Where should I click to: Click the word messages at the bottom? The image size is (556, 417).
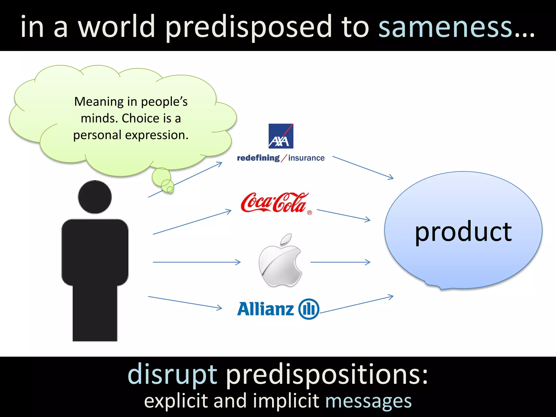point(368,401)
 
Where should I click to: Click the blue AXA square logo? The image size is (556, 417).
point(281,136)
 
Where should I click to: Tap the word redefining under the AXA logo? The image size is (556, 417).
point(258,158)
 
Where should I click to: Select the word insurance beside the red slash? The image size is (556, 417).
point(306,158)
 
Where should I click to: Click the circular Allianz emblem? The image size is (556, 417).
point(309,309)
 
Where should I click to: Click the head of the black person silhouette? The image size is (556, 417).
point(95,197)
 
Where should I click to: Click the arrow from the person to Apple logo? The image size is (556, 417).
point(197,262)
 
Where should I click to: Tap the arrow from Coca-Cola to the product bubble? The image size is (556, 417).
point(343,215)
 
